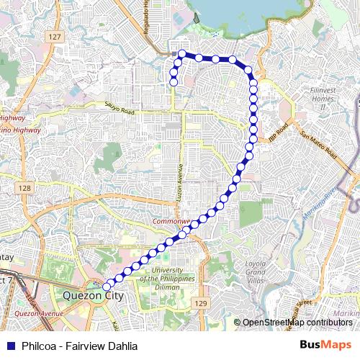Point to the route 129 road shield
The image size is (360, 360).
tap(202, 305)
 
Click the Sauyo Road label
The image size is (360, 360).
tap(120, 109)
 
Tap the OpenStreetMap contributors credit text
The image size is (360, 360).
tap(297, 323)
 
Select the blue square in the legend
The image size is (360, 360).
tap(10, 346)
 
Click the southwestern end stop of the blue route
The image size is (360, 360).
tap(107, 286)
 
